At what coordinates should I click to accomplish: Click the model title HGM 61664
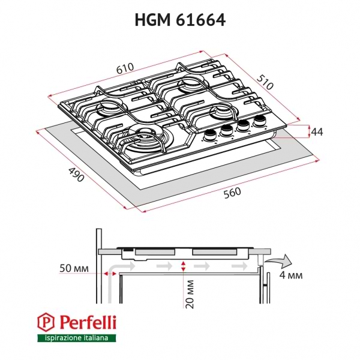click(179, 20)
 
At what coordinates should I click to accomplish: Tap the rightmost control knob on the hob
click(260, 122)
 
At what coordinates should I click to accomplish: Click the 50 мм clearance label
click(74, 267)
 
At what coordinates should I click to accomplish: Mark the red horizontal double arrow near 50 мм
click(110, 273)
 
